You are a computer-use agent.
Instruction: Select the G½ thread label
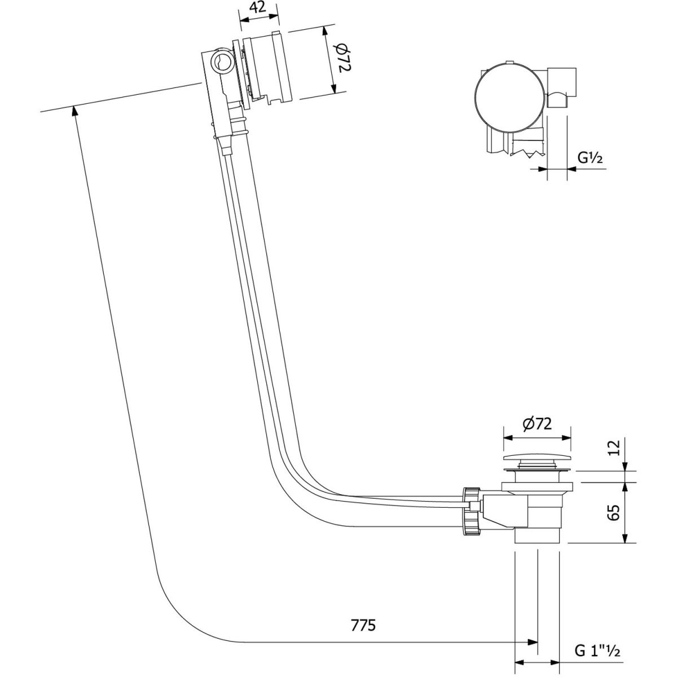590,159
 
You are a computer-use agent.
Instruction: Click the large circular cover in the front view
509,97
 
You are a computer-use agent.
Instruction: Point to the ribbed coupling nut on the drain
470,511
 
